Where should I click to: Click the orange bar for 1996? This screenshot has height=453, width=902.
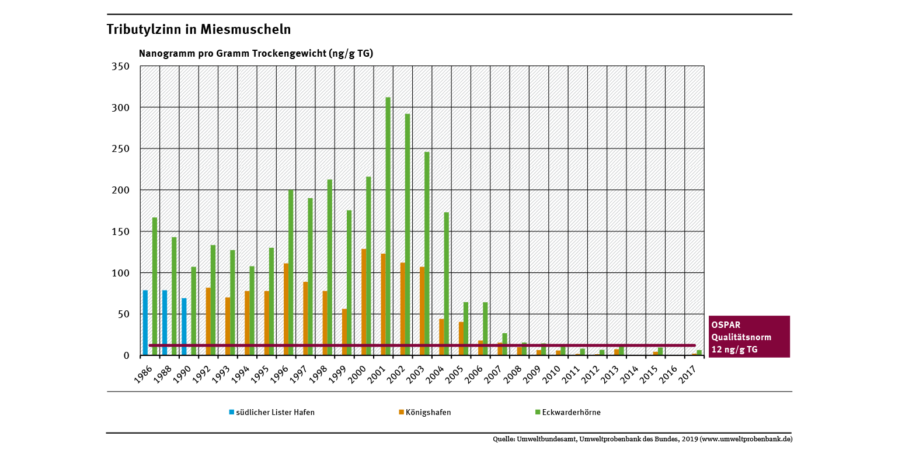click(x=286, y=309)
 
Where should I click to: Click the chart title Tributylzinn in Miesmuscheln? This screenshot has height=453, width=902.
click(x=198, y=29)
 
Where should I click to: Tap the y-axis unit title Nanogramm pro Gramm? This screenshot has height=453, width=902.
click(x=256, y=53)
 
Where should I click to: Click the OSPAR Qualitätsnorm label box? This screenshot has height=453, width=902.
click(x=748, y=337)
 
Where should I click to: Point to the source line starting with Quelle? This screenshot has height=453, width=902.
click(x=642, y=439)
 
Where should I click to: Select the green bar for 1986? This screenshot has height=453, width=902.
click(x=155, y=286)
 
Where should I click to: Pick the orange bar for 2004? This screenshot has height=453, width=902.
click(x=442, y=337)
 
